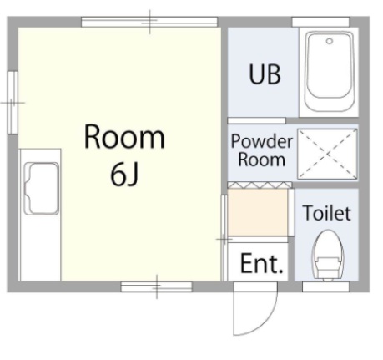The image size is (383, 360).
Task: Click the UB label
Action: pos(265,74)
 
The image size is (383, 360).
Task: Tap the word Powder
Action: pos(262,141)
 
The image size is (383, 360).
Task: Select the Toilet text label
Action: pos(327,213)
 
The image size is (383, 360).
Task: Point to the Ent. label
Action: pos(261,263)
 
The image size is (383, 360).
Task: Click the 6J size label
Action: pos(124,175)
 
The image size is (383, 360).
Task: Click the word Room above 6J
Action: pos(124,137)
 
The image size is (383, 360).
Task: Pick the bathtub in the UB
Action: pos(330,72)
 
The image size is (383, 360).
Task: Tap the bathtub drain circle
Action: pos(330,41)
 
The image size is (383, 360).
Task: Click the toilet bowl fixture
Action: pos(328,255)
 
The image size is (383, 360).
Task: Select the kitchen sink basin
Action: pos(41,189)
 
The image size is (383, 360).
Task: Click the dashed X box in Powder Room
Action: pos(327,154)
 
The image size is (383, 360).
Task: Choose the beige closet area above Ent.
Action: pos(258,213)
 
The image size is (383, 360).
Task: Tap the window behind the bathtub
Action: pos(320,22)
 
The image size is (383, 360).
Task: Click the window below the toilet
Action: pos(325,286)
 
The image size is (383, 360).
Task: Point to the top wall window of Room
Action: pos(149,22)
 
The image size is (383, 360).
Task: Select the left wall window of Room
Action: pos(13,103)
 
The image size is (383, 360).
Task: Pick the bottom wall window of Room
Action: pos(157,286)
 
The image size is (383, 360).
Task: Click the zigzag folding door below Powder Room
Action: pos(260,185)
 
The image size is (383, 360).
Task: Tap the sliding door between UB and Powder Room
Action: pos(256,120)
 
